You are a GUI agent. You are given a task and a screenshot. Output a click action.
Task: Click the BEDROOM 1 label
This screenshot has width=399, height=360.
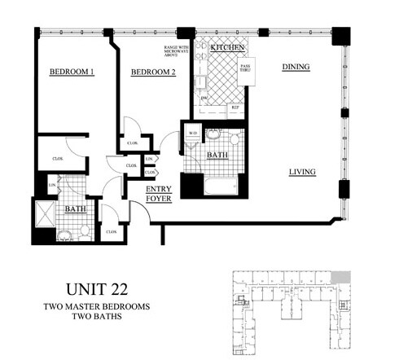click(72, 72)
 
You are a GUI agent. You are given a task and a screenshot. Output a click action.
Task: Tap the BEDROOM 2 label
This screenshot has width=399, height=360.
click(154, 72)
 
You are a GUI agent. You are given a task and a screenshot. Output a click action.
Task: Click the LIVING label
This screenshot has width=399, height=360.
click(301, 171)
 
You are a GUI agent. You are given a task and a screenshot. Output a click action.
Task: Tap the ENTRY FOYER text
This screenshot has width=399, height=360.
click(158, 194)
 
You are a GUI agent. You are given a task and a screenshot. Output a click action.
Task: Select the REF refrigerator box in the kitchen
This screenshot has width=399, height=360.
click(235, 108)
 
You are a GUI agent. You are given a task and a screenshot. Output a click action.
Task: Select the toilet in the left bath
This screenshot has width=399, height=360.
click(64, 235)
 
